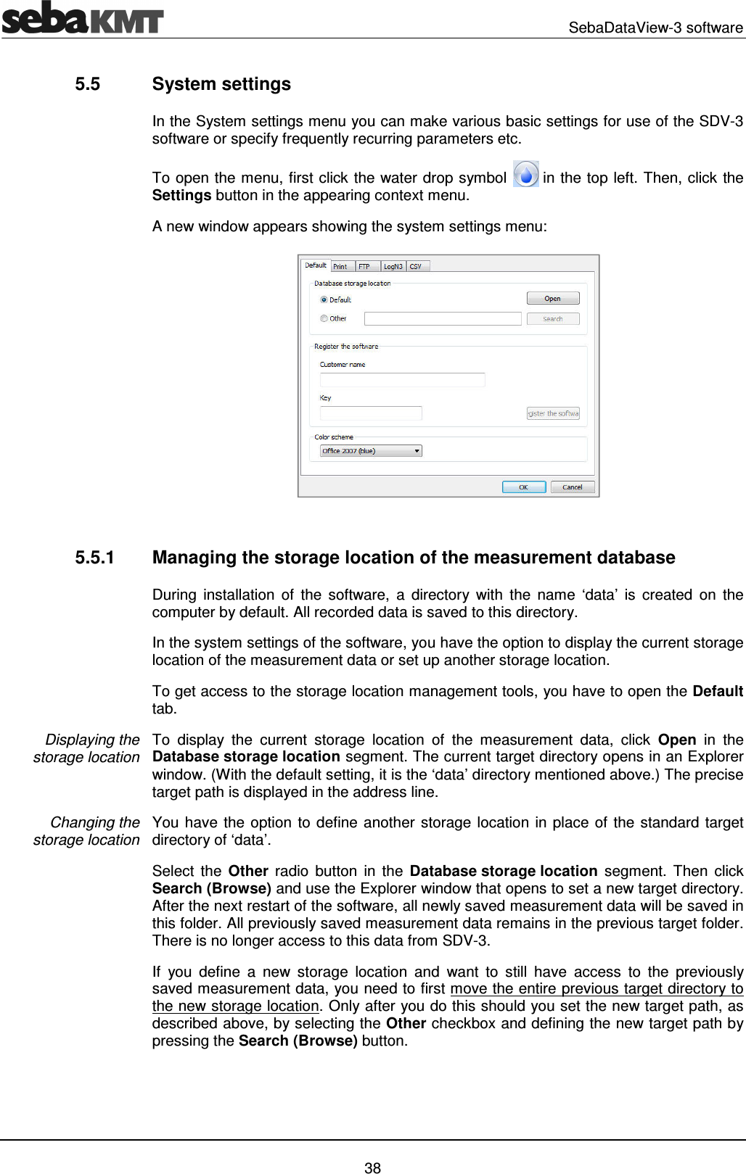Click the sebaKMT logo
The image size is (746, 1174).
point(82,18)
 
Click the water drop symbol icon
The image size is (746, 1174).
point(525,175)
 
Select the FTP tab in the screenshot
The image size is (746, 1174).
point(365,266)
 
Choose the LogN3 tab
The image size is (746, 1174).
point(393,266)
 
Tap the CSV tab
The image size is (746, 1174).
point(417,266)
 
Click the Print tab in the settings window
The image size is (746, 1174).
point(340,266)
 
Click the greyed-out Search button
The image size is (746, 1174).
point(552,319)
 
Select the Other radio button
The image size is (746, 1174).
point(324,318)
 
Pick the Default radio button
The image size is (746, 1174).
point(324,299)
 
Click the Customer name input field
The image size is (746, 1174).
point(402,380)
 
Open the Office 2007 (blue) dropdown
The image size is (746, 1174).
point(371,451)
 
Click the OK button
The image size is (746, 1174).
point(523,487)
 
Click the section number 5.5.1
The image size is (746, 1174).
point(94,558)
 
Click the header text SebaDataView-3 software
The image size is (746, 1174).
point(655,28)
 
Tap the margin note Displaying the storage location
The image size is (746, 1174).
point(87,748)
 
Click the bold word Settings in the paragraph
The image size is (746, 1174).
point(181,196)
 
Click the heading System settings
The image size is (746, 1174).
point(221,84)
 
